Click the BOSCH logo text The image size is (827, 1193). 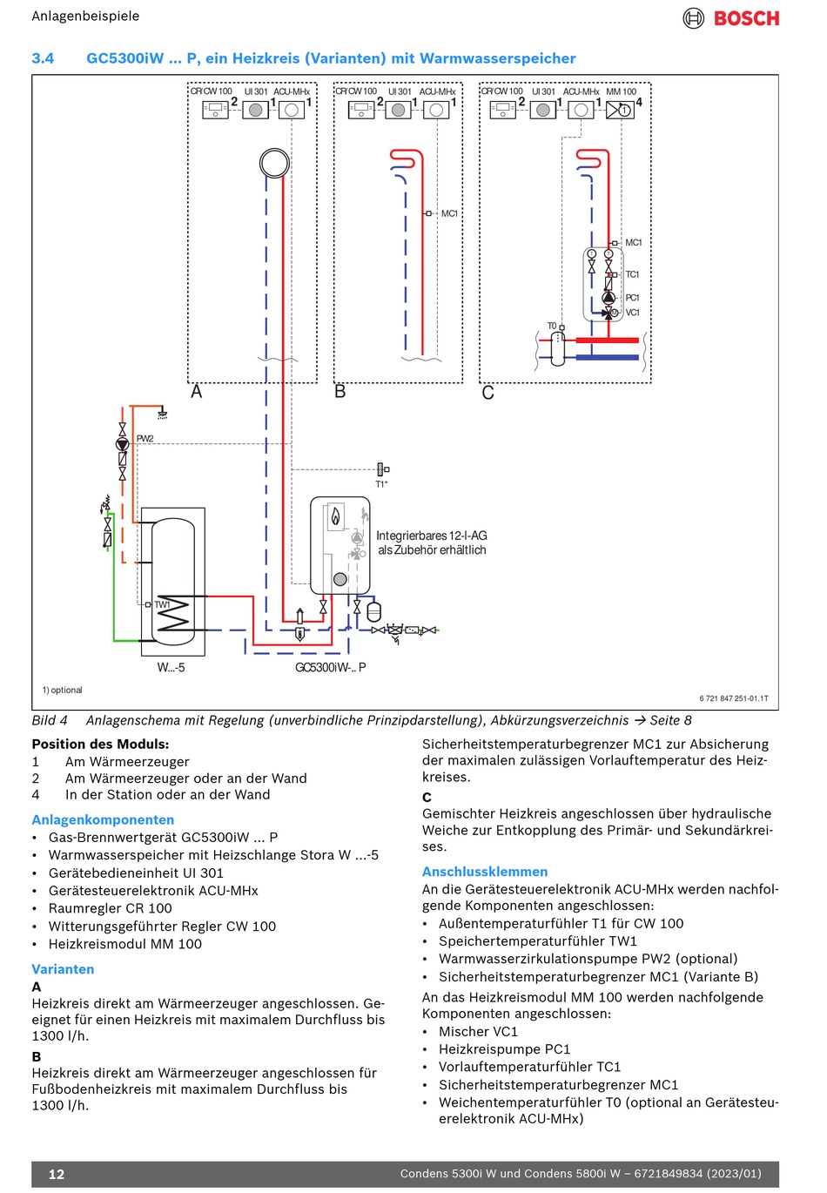click(746, 18)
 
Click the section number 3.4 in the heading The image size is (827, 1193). click(43, 58)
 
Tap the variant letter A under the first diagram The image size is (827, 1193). click(197, 392)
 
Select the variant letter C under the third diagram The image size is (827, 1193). click(487, 393)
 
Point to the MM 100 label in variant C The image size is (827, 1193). click(621, 91)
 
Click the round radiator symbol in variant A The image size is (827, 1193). click(274, 163)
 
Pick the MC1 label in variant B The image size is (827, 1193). click(449, 213)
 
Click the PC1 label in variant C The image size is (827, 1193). click(633, 298)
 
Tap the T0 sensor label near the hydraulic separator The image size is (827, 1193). click(551, 326)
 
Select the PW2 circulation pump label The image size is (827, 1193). click(145, 439)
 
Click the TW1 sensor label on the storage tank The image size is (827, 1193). click(163, 604)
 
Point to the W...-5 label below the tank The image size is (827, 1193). click(171, 668)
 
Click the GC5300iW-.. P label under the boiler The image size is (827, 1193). click(331, 668)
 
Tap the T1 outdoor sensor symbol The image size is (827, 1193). click(381, 469)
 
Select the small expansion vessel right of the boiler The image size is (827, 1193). click(374, 611)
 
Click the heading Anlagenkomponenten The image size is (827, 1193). click(103, 819)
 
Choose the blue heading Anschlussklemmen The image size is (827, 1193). click(485, 872)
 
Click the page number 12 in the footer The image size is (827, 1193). click(57, 1174)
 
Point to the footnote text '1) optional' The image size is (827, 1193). click(62, 690)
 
